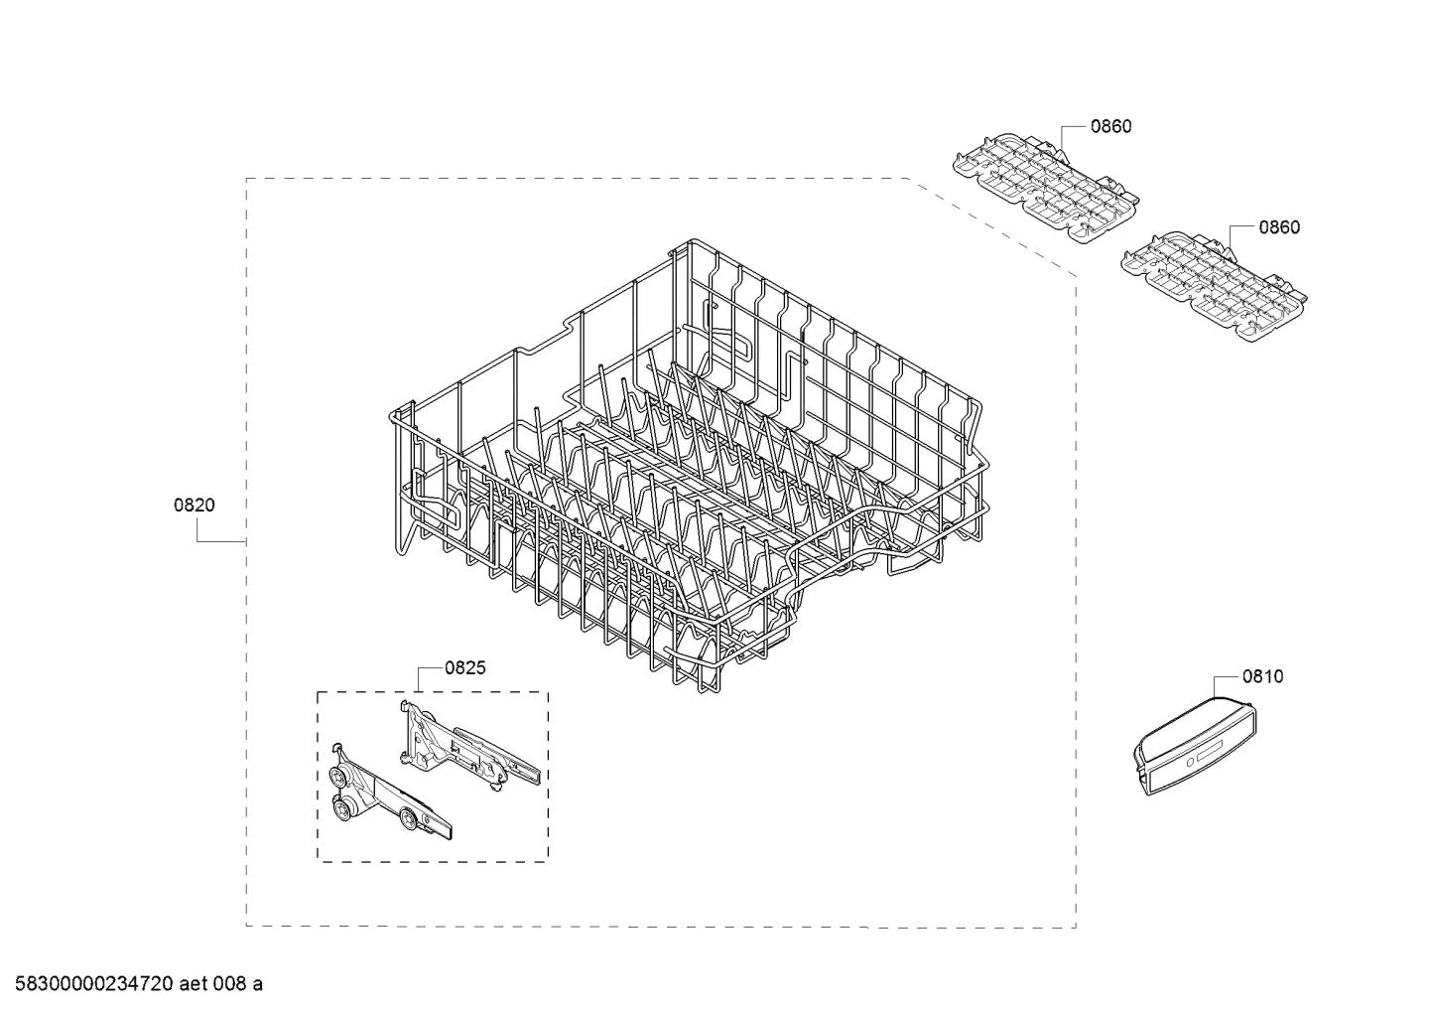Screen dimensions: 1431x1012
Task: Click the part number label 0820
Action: click(x=195, y=506)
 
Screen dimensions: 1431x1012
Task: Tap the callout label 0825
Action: click(x=465, y=668)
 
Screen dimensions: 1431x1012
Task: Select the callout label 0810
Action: click(x=1262, y=676)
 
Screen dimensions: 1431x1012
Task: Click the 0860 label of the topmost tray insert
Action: click(x=1110, y=126)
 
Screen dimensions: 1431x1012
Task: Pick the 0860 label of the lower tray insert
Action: click(x=1279, y=227)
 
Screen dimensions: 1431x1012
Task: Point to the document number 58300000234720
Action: click(x=94, y=984)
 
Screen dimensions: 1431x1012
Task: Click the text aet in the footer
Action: click(x=193, y=984)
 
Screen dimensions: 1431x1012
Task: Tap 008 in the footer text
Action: click(x=228, y=984)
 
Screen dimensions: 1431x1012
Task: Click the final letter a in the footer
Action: click(x=257, y=985)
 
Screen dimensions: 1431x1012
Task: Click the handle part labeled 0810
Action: click(x=1195, y=747)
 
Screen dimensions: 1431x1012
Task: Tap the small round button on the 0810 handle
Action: click(x=1190, y=763)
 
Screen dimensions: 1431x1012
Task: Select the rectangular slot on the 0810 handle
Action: click(x=1210, y=752)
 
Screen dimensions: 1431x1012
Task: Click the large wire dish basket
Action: click(x=690, y=467)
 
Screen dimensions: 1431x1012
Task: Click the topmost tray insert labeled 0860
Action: click(x=1046, y=188)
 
